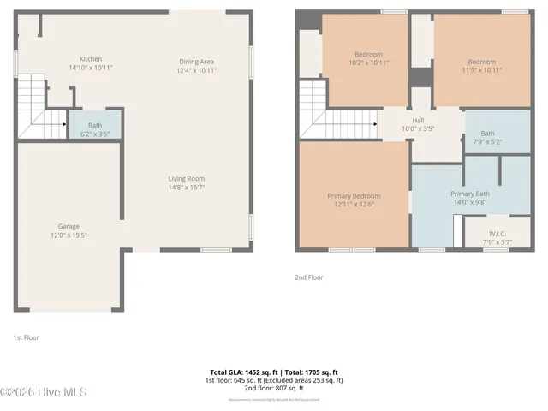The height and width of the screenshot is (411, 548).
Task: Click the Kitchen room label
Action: (x=91, y=58)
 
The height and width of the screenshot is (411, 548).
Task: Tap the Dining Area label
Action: (x=196, y=62)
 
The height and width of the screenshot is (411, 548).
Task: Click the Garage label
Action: (x=68, y=226)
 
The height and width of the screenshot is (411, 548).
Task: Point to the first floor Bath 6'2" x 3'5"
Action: (x=94, y=129)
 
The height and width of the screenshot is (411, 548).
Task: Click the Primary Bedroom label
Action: (x=354, y=196)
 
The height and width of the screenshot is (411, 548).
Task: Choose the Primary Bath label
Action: (x=468, y=194)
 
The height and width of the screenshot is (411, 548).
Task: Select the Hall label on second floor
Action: (x=418, y=120)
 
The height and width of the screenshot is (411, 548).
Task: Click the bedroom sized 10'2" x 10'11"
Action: (x=368, y=58)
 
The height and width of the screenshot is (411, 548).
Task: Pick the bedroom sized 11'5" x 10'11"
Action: (x=481, y=62)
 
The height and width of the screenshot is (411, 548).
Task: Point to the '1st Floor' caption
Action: (x=26, y=337)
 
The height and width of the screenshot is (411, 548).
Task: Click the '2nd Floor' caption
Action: (x=310, y=277)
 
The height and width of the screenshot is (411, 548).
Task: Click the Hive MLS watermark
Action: (x=44, y=392)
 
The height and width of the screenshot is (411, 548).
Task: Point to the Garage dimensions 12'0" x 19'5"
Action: (x=68, y=235)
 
